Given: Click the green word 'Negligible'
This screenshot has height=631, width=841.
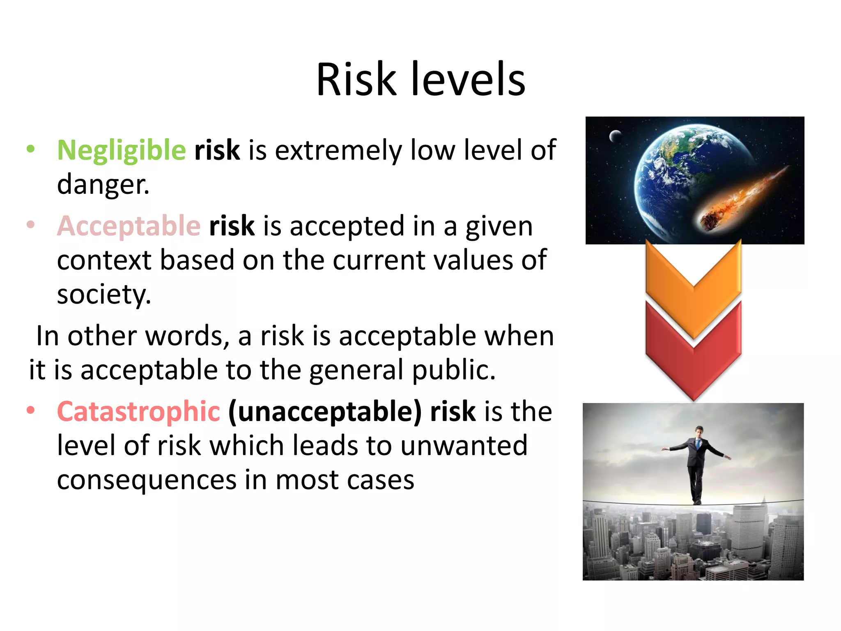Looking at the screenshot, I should click(122, 150).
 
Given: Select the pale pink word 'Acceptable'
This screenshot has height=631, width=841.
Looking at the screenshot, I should click(129, 226).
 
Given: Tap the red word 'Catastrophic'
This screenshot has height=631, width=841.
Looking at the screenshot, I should click(138, 412).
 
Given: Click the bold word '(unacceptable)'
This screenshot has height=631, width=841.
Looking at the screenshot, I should click(325, 412).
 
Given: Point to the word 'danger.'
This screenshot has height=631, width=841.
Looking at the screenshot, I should click(103, 185).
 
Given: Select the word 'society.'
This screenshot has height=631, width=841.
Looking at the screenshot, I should click(104, 295).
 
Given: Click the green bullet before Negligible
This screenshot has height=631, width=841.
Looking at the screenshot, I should click(30, 149).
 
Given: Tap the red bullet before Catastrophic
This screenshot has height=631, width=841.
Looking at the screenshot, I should click(30, 410).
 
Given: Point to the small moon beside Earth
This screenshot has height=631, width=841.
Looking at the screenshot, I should click(615, 135).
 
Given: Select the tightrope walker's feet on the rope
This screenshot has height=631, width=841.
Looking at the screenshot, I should click(697, 502).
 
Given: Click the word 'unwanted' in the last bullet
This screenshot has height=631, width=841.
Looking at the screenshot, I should click(464, 446).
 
